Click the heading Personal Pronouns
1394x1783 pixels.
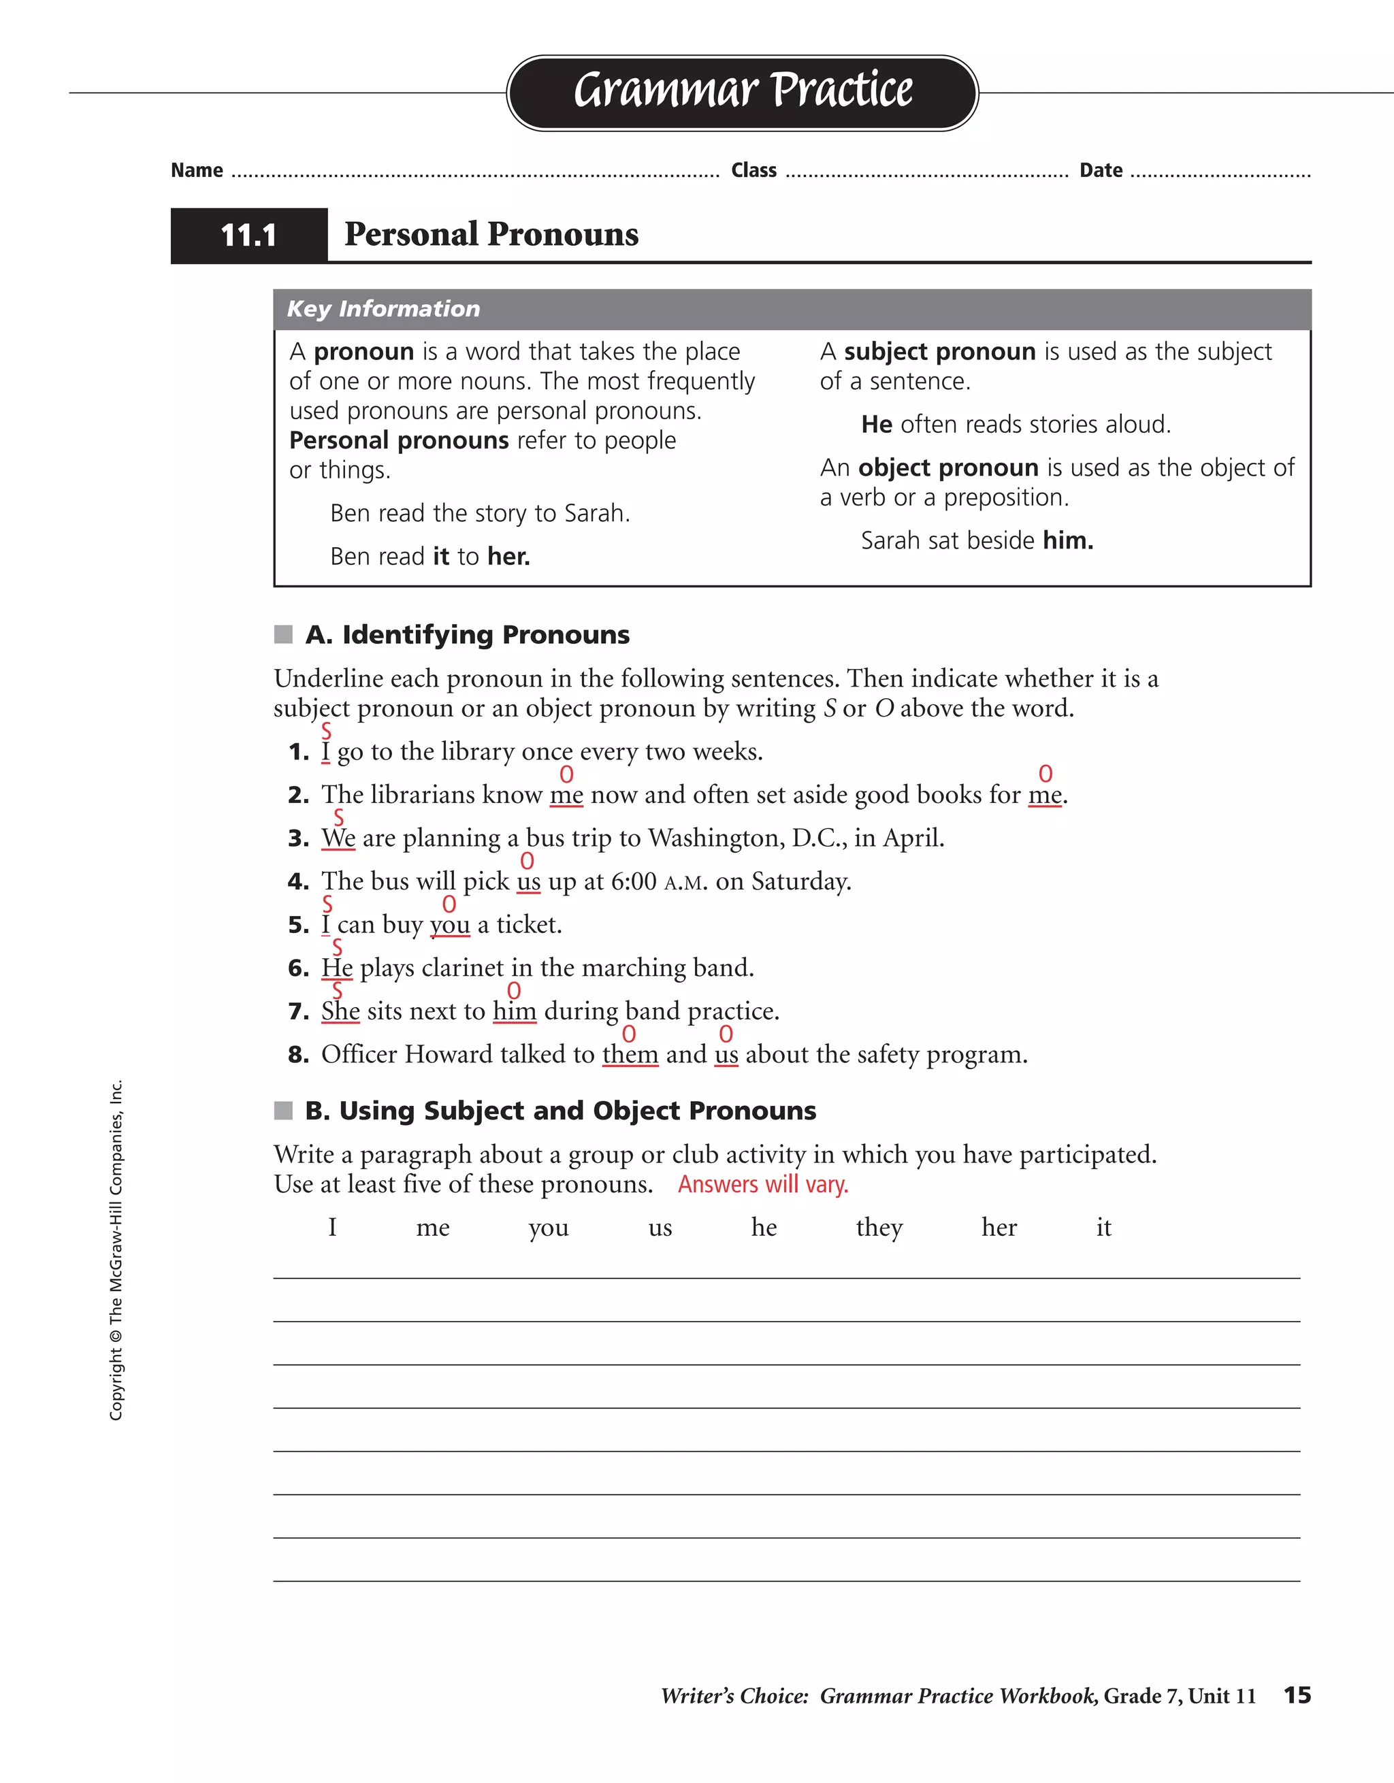click(x=491, y=234)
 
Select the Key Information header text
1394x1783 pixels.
click(x=383, y=308)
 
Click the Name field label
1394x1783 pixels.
click(x=197, y=171)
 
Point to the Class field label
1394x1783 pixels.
click(x=753, y=171)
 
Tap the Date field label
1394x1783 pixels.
click(x=1101, y=171)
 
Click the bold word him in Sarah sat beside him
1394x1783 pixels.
click(x=1067, y=540)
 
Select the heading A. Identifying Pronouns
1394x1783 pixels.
click(x=467, y=634)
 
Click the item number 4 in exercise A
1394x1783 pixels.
click(x=298, y=882)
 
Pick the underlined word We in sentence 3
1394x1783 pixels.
click(x=338, y=838)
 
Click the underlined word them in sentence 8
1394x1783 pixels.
click(x=630, y=1055)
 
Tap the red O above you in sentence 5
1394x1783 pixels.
click(x=449, y=904)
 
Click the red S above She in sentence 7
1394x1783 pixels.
click(x=338, y=990)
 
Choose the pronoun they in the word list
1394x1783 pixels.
click(x=879, y=1228)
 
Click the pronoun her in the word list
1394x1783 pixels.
click(x=999, y=1228)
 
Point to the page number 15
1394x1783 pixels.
click(x=1297, y=1695)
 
